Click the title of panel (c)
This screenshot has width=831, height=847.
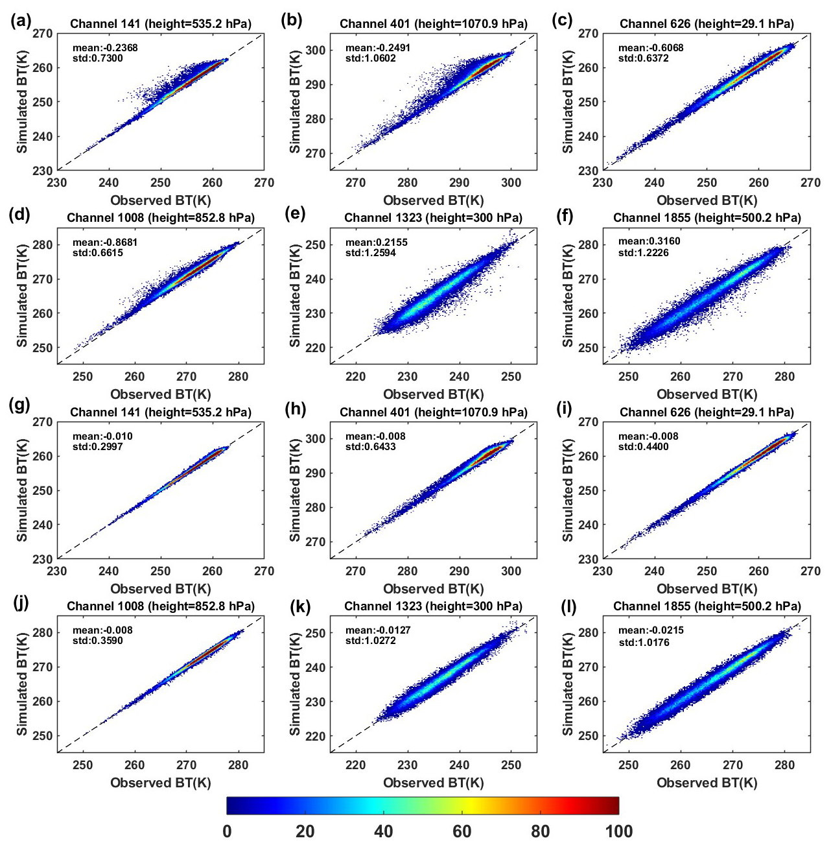tap(707, 24)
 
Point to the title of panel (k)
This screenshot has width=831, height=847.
tap(433, 606)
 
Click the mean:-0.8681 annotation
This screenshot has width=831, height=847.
tap(105, 243)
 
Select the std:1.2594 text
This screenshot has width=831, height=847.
tap(370, 253)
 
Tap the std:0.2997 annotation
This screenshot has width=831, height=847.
tap(97, 447)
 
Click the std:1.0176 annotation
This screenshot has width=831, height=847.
tap(643, 643)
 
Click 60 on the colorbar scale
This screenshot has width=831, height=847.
tap(462, 831)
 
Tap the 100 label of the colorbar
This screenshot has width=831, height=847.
tap(618, 831)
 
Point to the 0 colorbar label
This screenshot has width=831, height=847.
tap(227, 831)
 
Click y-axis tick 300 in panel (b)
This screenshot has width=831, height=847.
tap(317, 50)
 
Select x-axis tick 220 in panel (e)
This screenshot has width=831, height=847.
tap(355, 377)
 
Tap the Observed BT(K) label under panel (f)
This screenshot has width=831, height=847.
tap(707, 394)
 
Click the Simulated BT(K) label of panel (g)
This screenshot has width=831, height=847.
tap(23, 490)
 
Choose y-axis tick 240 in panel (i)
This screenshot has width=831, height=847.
tap(588, 525)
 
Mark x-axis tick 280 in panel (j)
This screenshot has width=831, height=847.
tap(238, 765)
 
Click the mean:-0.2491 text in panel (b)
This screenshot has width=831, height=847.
tap(377, 48)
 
